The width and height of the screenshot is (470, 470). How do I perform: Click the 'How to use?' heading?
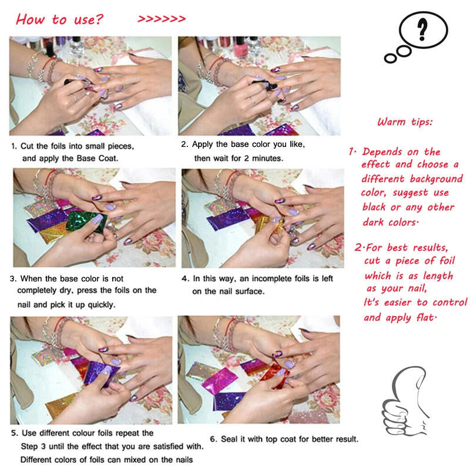[60, 19]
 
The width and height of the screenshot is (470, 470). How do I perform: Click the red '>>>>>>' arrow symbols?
[162, 19]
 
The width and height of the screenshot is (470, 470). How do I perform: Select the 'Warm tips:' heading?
[405, 122]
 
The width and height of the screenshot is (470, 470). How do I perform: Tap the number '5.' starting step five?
[15, 433]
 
